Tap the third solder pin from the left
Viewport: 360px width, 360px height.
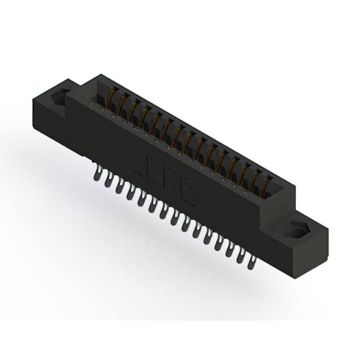click(x=119, y=186)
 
